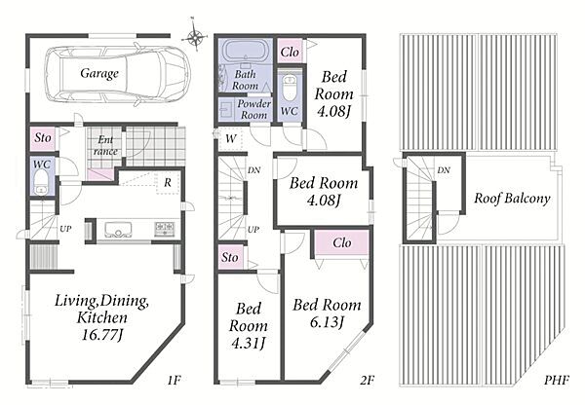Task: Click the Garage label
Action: click(99, 73)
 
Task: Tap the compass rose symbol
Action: click(195, 36)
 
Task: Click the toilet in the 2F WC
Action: click(290, 89)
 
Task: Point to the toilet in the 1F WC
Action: click(41, 184)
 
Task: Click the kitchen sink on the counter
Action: click(118, 229)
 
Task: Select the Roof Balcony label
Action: click(512, 198)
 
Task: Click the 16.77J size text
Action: click(102, 334)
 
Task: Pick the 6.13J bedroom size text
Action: click(327, 321)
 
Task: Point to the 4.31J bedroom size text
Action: click(248, 343)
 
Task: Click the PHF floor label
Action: click(557, 380)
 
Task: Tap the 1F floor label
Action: click(174, 380)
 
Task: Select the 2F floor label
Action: click(368, 380)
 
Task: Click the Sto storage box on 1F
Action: click(43, 138)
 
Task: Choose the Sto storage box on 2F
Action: click(230, 257)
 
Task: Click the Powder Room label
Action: click(254, 109)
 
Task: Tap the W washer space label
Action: click(231, 138)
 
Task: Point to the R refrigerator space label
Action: click(168, 183)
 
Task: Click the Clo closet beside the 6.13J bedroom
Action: click(342, 243)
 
